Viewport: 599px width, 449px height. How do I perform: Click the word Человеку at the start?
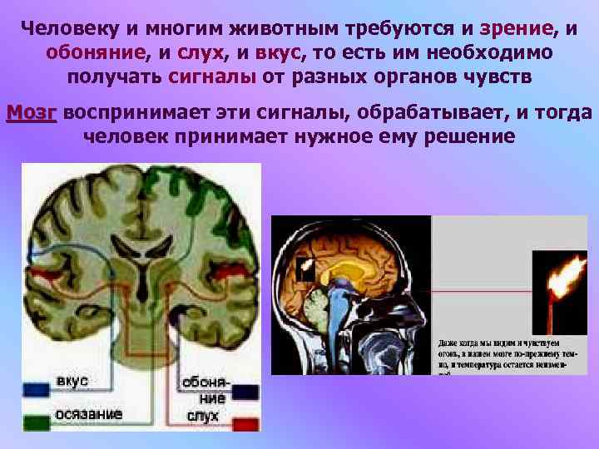(72, 28)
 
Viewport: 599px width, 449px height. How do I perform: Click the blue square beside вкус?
(37, 387)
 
